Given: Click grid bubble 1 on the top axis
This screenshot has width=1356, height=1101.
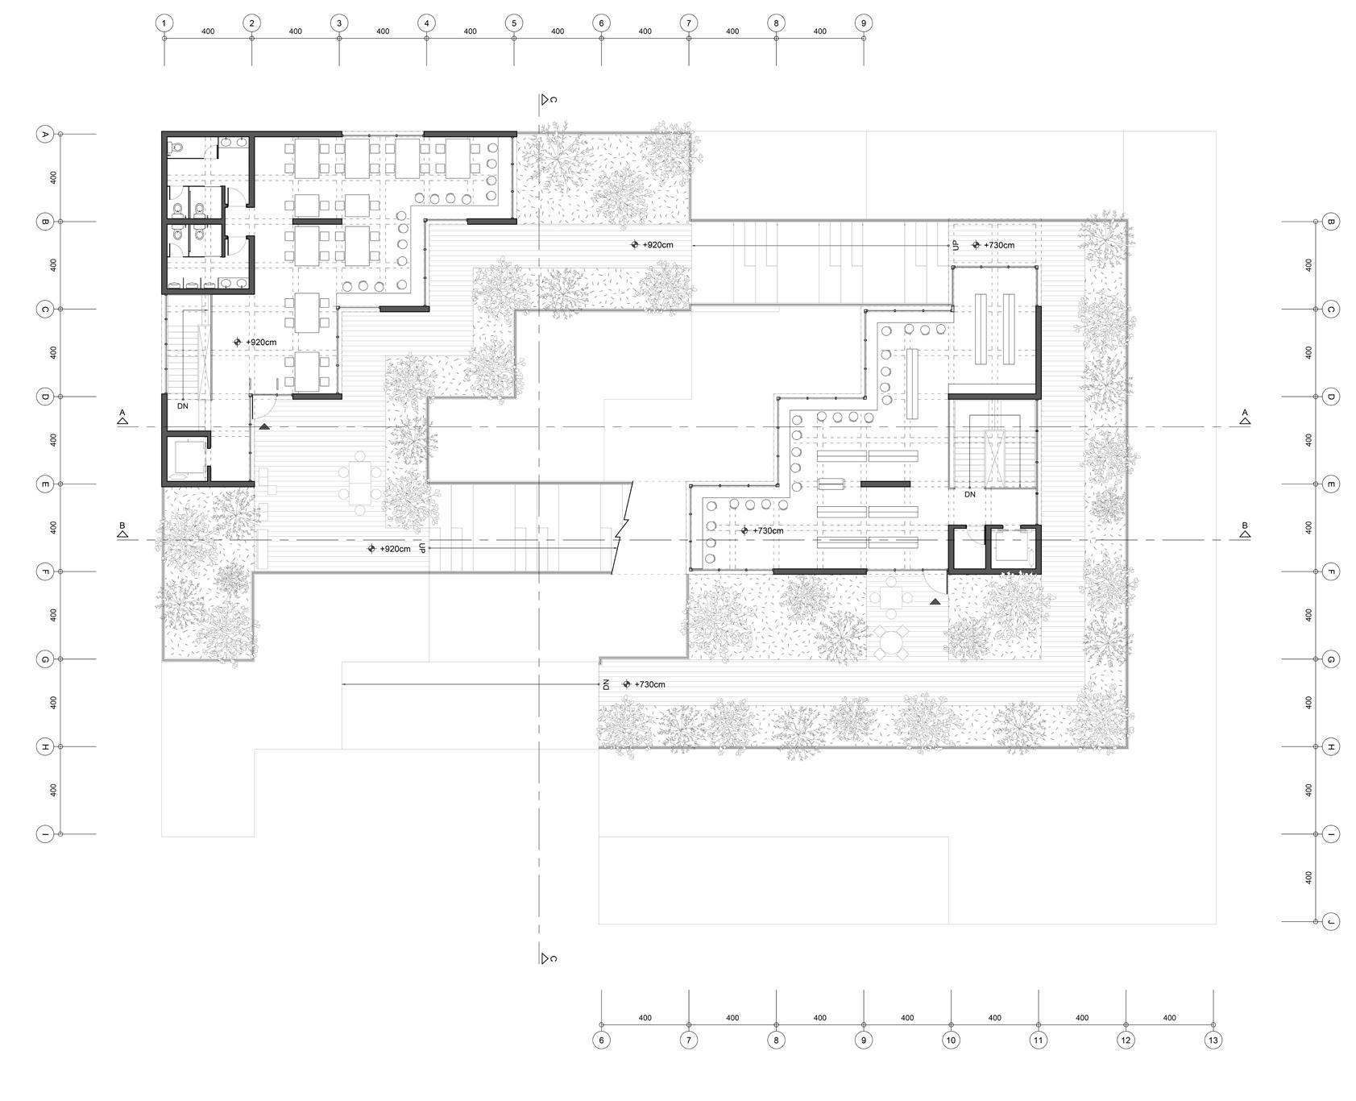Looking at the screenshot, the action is [164, 23].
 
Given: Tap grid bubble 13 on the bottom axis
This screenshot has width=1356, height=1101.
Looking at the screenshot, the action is [1213, 1041].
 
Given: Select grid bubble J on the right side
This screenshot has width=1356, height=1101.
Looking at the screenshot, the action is [1331, 921].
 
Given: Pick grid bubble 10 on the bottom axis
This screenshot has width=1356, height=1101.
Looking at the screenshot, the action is [951, 1041].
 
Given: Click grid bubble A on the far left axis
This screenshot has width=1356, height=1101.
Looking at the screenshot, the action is [45, 134].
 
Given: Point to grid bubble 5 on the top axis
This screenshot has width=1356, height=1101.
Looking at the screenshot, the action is [514, 23].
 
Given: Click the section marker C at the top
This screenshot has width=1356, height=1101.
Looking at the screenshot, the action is [549, 99].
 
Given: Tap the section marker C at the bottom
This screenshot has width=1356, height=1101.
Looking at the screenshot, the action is [549, 958].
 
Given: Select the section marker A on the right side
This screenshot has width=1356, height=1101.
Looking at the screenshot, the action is [1245, 417].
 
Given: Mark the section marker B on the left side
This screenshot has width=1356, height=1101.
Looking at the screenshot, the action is [122, 530].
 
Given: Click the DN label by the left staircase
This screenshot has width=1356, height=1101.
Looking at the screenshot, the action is [183, 406].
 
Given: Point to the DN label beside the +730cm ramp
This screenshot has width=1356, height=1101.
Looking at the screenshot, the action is [606, 684].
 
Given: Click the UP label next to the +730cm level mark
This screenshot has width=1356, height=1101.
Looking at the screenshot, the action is [956, 245].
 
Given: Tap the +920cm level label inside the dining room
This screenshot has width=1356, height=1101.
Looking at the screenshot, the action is [260, 343].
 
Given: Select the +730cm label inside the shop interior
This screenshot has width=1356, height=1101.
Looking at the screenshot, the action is [767, 530].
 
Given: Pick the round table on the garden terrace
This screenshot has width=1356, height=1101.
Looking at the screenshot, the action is [891, 642].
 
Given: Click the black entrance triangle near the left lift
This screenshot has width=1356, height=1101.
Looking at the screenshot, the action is [264, 426].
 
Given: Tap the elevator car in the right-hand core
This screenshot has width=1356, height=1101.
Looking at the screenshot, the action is [1011, 549].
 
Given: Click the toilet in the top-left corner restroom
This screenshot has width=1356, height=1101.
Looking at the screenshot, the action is [176, 147].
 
